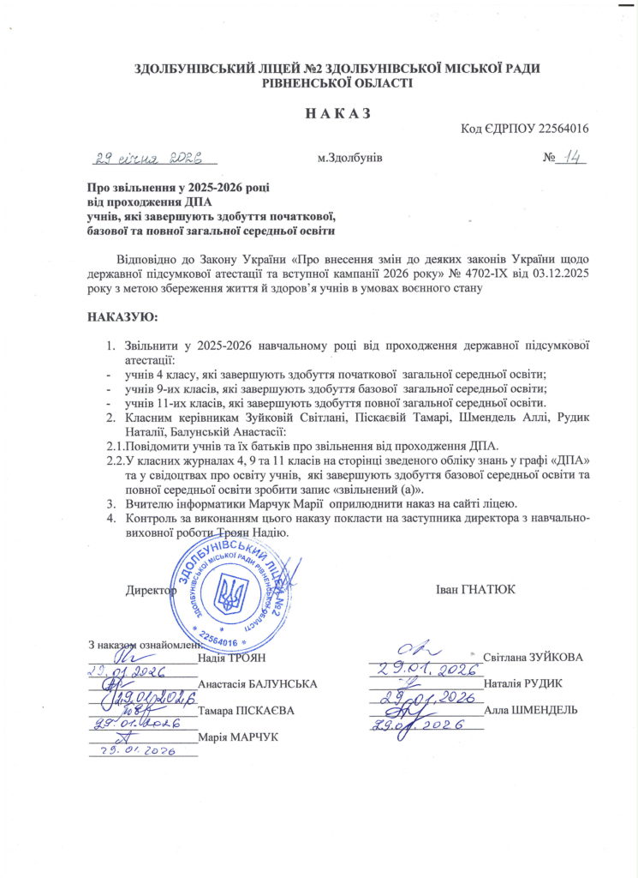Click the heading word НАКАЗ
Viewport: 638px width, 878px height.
[x=319, y=114]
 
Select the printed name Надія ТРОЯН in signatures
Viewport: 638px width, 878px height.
[x=232, y=658]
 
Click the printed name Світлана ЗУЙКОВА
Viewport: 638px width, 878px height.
[x=534, y=658]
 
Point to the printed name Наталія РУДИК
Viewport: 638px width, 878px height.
[x=522, y=684]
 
